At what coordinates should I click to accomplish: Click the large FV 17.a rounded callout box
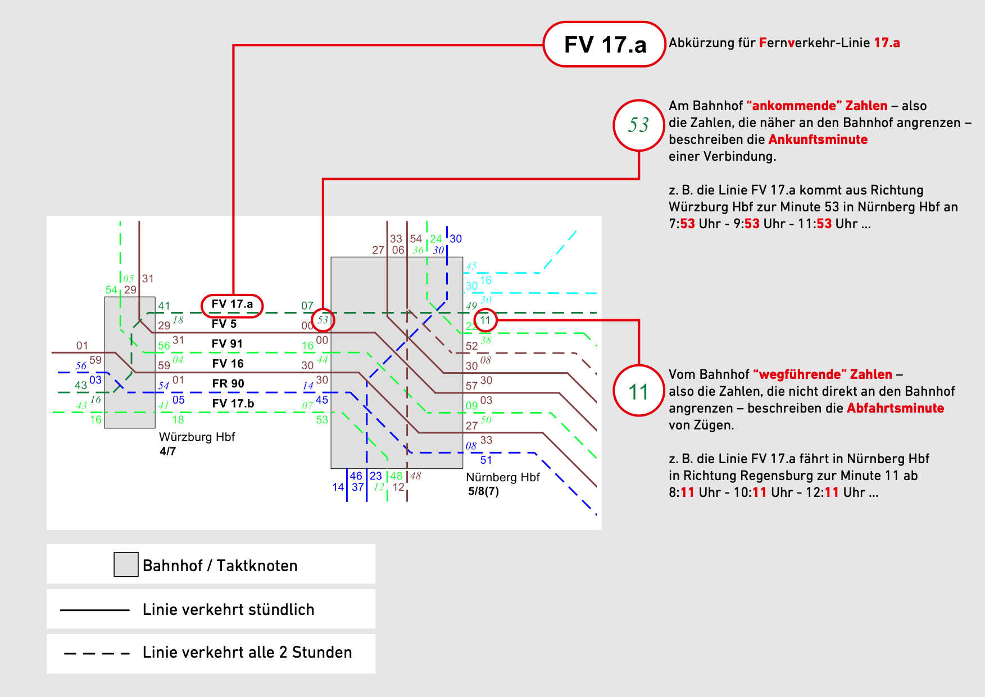click(x=605, y=44)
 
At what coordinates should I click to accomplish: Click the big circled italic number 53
click(x=638, y=125)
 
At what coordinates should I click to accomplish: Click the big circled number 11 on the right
click(x=638, y=391)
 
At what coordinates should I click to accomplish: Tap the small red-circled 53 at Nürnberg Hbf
click(x=323, y=320)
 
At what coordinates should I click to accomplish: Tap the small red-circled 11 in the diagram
click(x=485, y=320)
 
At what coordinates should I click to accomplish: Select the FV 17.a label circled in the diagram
click(x=232, y=305)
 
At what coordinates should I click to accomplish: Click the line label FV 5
click(x=224, y=324)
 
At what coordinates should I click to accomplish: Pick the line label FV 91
click(x=227, y=343)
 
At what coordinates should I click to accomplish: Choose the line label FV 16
click(x=228, y=364)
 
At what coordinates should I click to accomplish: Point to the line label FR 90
click(x=228, y=383)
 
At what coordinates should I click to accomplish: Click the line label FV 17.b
click(x=233, y=404)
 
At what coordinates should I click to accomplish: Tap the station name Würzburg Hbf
click(x=197, y=437)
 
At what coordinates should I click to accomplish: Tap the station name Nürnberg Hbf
click(x=502, y=477)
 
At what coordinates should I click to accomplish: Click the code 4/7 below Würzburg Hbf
click(x=167, y=451)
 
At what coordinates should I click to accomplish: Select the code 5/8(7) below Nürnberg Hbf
click(x=483, y=491)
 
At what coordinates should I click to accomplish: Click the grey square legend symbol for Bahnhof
click(x=126, y=564)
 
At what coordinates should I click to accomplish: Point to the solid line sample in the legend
click(x=94, y=610)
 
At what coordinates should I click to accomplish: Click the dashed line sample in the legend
click(x=97, y=653)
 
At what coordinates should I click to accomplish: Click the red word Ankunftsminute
click(x=818, y=139)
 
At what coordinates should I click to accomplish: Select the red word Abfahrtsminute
click(x=895, y=408)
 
